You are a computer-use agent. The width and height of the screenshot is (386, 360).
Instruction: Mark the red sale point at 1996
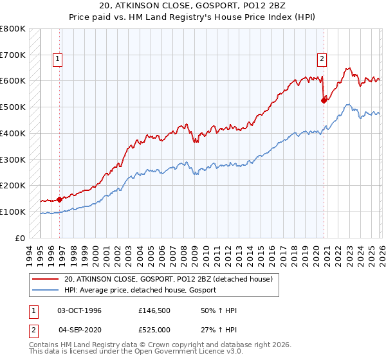pos(60,199)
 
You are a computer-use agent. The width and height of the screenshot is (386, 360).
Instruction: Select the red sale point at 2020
pos(324,100)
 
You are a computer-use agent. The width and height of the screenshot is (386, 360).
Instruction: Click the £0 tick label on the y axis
pos(21,238)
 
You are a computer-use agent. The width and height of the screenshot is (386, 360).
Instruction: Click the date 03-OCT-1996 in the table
pos(80,310)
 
